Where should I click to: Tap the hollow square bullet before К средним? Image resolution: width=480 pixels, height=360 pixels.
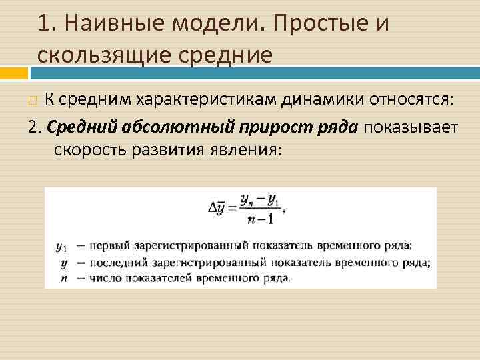click(33, 101)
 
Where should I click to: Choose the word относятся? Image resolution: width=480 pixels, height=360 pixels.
click(407, 100)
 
